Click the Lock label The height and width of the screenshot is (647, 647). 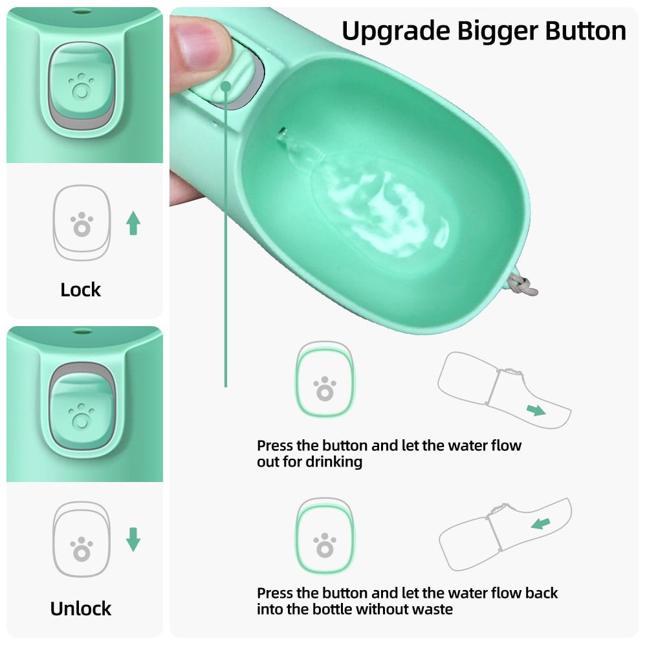[81, 290]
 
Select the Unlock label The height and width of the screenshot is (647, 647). [81, 608]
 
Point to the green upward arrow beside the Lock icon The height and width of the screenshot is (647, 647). [133, 223]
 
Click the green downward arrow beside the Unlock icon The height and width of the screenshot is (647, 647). [133, 540]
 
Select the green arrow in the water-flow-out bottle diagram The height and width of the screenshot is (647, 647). [535, 410]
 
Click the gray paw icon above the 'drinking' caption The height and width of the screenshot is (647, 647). [325, 389]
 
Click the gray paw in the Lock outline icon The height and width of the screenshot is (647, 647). [81, 224]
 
